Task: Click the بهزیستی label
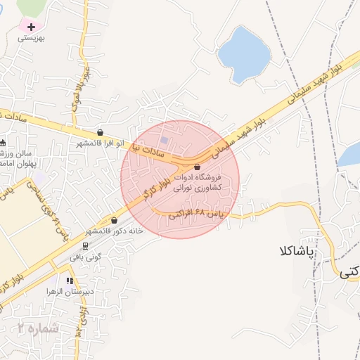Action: click(31, 39)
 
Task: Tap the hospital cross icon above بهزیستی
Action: click(30, 27)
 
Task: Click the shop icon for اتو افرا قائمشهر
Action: click(101, 132)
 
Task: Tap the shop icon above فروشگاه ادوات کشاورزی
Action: click(196, 167)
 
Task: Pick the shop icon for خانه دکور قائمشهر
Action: click(114, 220)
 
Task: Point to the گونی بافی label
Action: click(86, 257)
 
